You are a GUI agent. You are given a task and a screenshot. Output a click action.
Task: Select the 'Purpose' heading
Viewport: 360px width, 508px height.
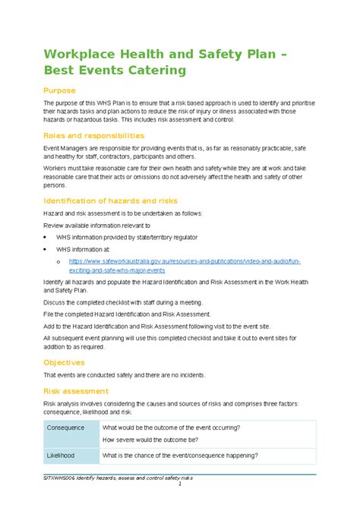point(59,90)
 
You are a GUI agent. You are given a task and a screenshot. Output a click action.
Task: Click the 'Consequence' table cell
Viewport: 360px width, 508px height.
point(67,428)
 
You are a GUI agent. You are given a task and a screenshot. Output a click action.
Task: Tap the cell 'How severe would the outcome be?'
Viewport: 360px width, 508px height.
point(161,440)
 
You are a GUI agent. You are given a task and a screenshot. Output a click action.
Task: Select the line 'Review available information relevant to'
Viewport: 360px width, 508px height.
point(96,226)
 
